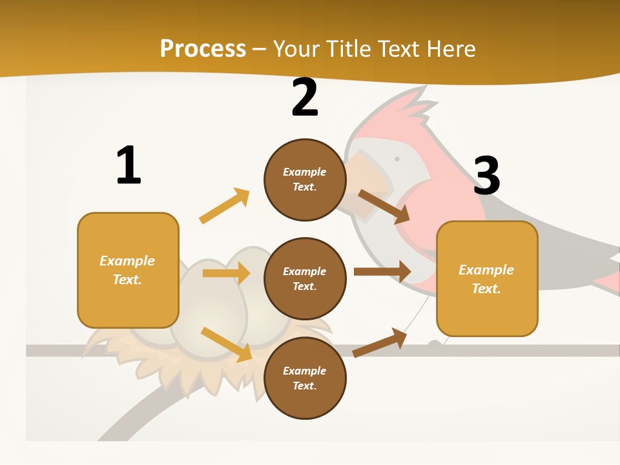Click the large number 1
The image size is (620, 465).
coord(129,166)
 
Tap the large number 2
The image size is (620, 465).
coord(304,98)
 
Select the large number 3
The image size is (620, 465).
coord(486,176)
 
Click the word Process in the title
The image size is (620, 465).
coord(203,48)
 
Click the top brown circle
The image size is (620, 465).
coord(305,180)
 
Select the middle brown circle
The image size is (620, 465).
coord(305,279)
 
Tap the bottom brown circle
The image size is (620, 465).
coord(305,378)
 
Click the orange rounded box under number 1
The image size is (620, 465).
coord(128,270)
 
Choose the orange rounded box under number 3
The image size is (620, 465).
coord(487,279)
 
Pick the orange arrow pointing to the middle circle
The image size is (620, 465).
coord(226,273)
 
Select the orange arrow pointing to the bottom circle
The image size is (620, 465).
coord(226,344)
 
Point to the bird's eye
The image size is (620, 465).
coord(397,159)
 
